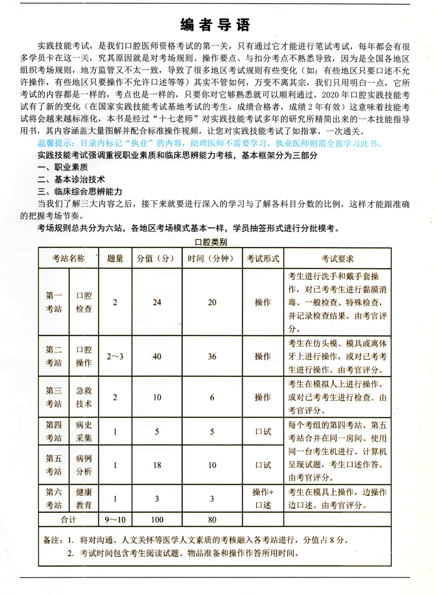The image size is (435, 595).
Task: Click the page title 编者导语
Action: pos(217,25)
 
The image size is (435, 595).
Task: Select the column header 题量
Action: pos(115,259)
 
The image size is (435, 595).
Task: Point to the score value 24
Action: pos(156,302)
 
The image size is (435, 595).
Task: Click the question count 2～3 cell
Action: pos(115,356)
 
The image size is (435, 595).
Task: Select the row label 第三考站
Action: pos(54,397)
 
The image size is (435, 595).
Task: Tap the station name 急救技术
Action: pos(84,397)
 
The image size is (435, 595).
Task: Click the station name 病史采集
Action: pos(84,431)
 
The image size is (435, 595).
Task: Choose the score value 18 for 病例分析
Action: pos(156,465)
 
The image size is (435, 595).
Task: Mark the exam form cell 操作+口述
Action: pos(263,498)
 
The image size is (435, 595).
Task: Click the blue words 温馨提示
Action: pos(55,143)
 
